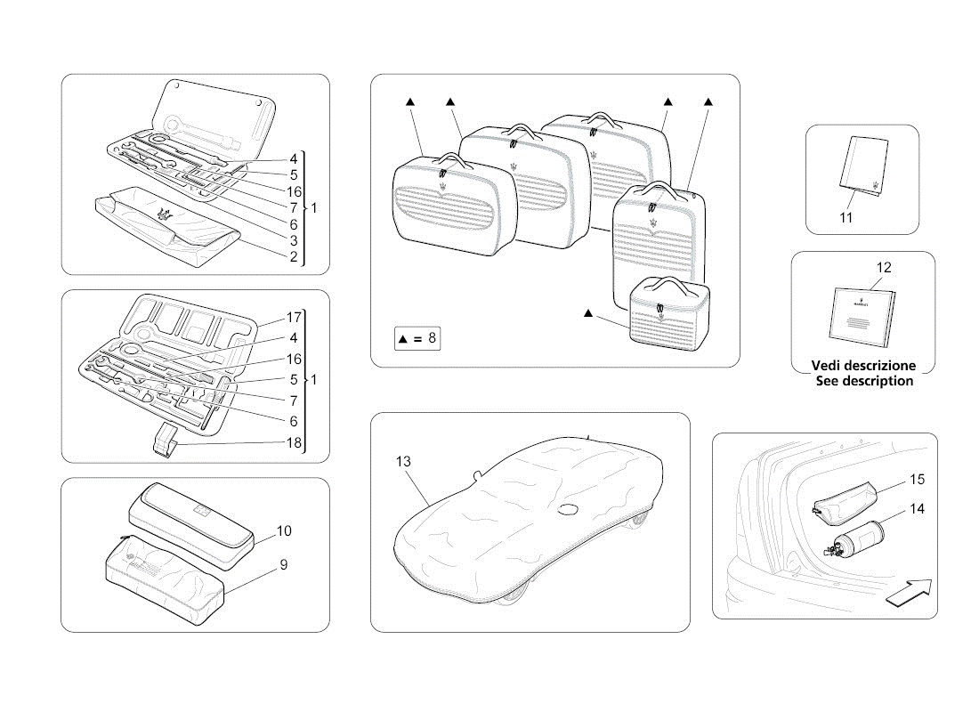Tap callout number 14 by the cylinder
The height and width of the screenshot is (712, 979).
(917, 509)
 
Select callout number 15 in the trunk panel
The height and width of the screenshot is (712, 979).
(917, 480)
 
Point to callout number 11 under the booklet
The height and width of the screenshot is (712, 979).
(845, 216)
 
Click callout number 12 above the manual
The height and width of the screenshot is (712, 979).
(883, 267)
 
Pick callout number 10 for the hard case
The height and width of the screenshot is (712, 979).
(284, 530)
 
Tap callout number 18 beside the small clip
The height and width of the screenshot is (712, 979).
(293, 442)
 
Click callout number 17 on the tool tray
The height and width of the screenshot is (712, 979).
(293, 316)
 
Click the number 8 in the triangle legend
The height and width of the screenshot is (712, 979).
(433, 338)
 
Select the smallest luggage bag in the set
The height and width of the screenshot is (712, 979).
(667, 310)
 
